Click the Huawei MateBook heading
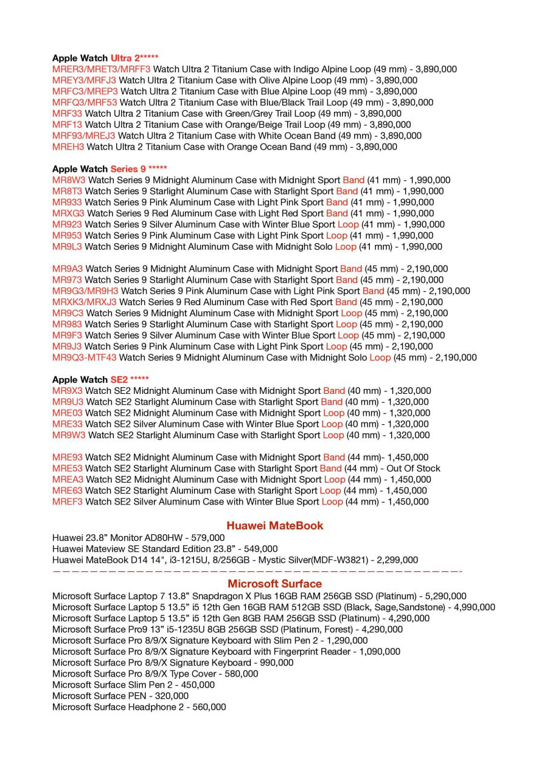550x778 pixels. click(x=274, y=526)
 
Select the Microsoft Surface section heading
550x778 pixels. click(x=274, y=584)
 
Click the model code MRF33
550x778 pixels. click(x=67, y=114)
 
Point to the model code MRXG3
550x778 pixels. click(x=68, y=213)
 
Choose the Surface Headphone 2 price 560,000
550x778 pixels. click(x=209, y=707)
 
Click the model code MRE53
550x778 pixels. click(x=68, y=469)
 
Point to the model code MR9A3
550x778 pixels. click(x=68, y=269)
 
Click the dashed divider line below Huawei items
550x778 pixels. click(x=257, y=571)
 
